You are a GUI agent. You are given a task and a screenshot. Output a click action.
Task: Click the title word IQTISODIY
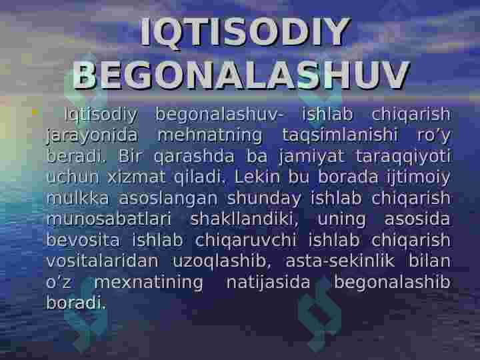[245, 32]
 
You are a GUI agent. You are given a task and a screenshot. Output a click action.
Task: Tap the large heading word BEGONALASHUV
[241, 75]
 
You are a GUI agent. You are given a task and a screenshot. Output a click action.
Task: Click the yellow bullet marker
[35, 112]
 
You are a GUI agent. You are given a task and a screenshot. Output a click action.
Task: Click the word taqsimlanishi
[340, 136]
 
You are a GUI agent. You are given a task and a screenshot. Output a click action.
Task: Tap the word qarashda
[194, 157]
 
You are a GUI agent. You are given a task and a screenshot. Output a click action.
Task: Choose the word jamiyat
[311, 157]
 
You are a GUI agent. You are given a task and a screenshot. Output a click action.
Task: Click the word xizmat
[137, 177]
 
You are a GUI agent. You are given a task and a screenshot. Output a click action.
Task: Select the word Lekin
[257, 177]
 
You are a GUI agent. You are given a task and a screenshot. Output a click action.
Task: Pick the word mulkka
[78, 198]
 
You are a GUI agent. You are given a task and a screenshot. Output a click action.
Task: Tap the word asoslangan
[168, 199]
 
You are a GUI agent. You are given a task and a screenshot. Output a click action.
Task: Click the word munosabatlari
[109, 219]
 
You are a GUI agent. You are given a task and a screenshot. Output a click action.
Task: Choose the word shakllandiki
[244, 219]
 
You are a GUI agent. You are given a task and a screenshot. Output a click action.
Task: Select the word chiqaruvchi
[246, 241]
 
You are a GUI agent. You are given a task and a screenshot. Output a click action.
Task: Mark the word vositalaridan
[102, 261]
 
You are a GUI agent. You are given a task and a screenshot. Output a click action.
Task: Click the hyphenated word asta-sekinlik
[340, 261]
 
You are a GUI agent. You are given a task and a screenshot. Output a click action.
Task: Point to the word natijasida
[268, 283]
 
